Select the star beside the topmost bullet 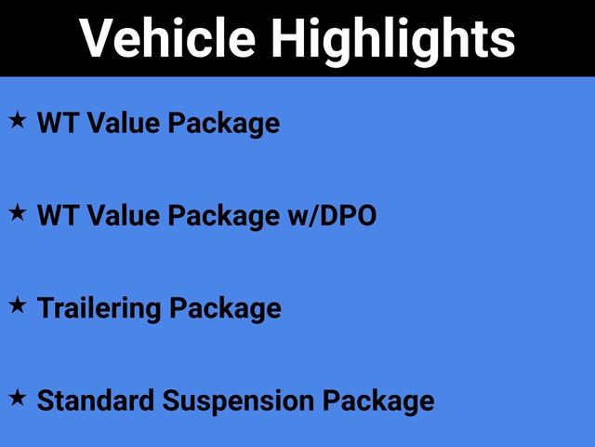(x=18, y=120)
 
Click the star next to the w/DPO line (x=18, y=213)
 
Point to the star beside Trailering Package (x=18, y=305)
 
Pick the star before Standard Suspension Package (x=18, y=398)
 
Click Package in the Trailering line (x=224, y=308)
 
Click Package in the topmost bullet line (x=223, y=123)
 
